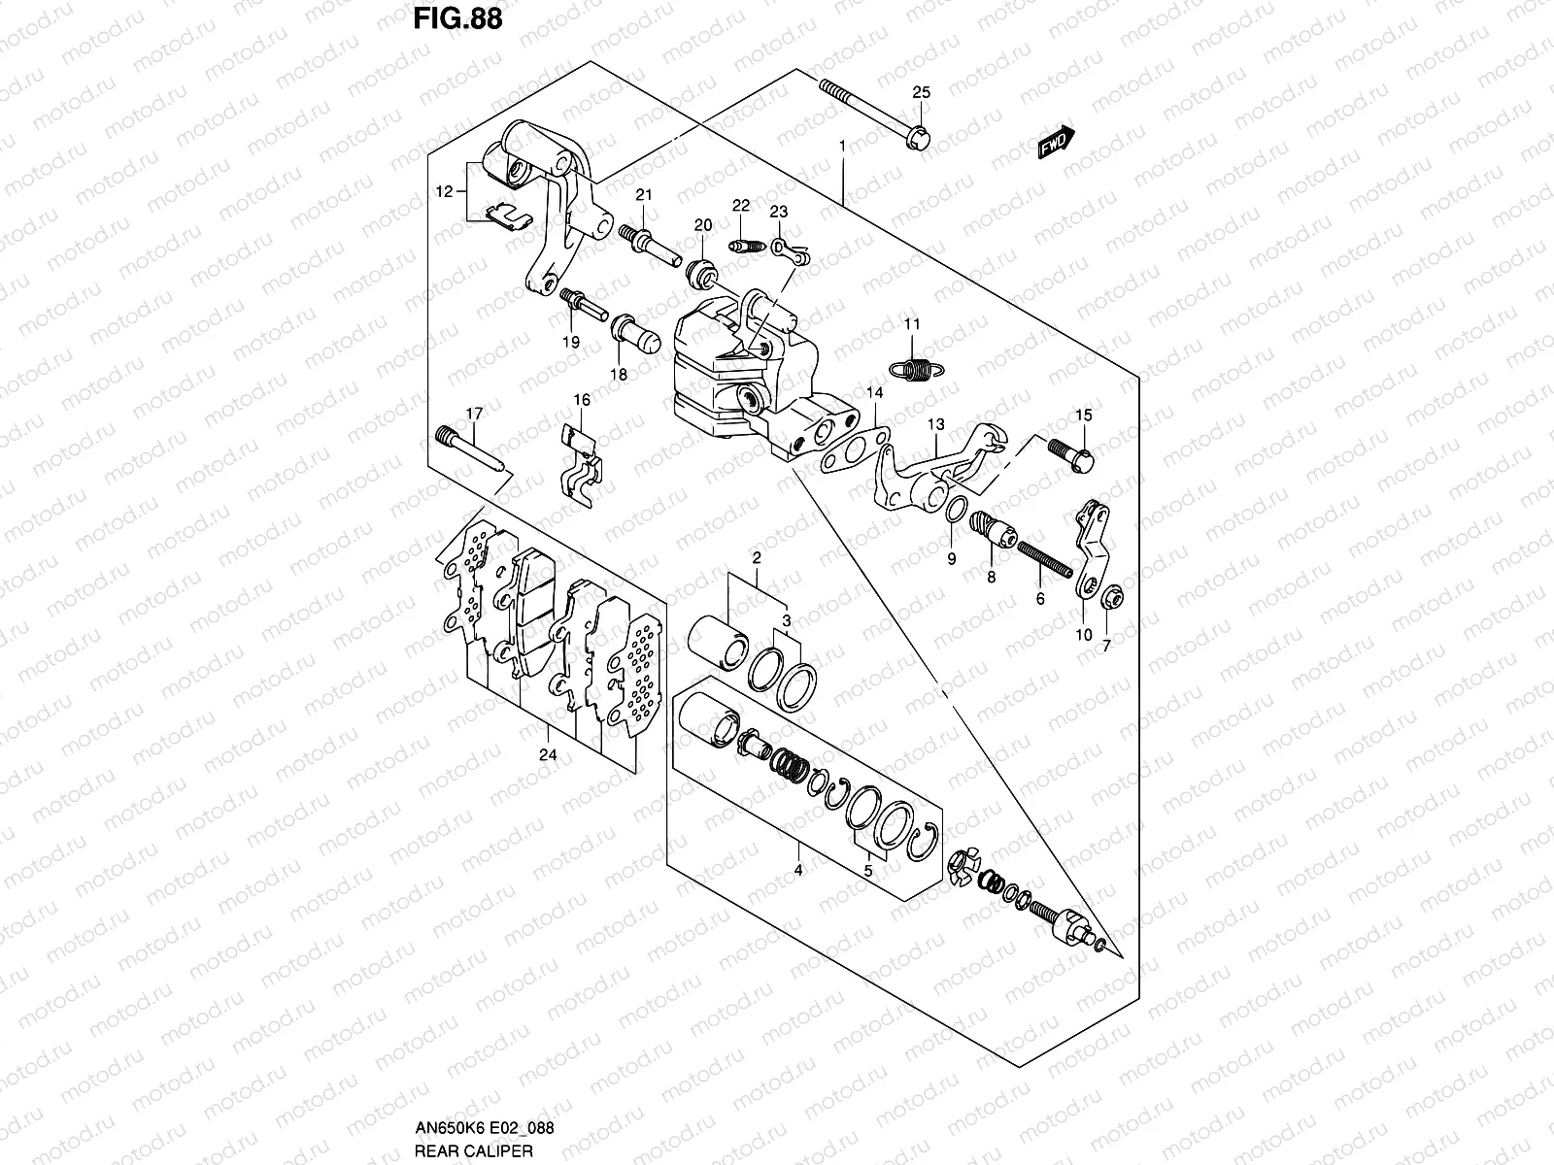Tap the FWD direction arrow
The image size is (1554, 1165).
pos(1055,143)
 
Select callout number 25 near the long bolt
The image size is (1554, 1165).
pos(921,93)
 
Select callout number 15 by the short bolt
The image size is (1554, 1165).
pos(1083,416)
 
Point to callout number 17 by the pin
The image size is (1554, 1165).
pos(473,415)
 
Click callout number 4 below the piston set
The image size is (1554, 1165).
pos(797,871)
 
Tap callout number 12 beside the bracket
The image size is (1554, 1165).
pos(444,192)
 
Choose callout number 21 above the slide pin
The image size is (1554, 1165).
pos(642,196)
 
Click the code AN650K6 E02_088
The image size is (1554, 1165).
pos(481,1128)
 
